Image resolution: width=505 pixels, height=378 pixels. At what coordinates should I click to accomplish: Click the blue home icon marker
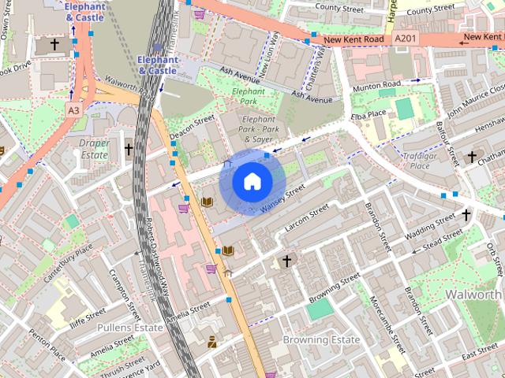click(252, 182)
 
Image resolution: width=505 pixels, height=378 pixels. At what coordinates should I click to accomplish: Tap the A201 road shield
click(406, 38)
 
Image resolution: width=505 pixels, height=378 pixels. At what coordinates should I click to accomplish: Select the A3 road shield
click(73, 111)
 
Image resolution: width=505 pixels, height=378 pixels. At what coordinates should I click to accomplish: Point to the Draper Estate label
click(94, 150)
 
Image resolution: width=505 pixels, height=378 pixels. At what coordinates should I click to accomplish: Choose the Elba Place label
click(368, 113)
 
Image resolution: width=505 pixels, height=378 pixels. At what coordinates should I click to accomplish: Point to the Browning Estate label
click(321, 339)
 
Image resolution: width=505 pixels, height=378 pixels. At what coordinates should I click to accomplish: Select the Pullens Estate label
click(129, 326)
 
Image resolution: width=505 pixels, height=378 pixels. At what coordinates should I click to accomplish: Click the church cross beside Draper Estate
click(128, 148)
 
